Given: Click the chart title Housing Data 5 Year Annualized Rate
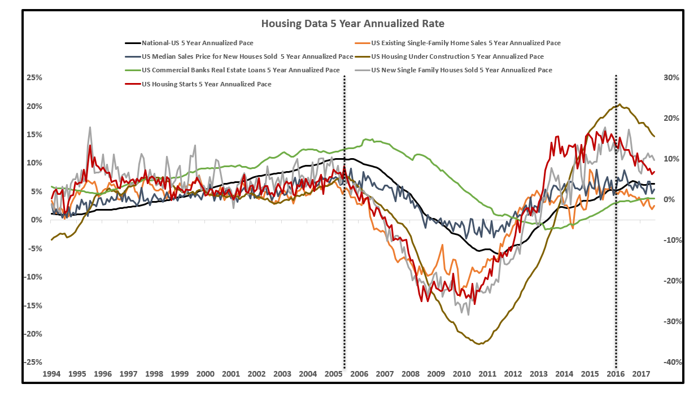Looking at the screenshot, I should (348, 24).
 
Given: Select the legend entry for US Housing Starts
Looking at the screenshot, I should (206, 84).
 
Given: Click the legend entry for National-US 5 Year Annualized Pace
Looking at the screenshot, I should (197, 42).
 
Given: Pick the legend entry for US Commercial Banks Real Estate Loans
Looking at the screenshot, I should (241, 70).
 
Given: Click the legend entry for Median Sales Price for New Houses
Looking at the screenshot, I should (247, 56).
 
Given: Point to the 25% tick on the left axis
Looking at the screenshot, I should (34, 77).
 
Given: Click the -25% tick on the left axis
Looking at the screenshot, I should (33, 362).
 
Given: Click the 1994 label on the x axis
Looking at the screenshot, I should (52, 374).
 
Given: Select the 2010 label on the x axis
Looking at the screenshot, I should (461, 374).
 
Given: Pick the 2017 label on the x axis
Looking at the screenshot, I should (641, 374).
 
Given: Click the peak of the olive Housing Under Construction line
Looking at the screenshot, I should (620, 104).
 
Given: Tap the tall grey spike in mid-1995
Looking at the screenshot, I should (90, 127).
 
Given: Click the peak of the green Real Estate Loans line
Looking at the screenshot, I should (365, 138).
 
